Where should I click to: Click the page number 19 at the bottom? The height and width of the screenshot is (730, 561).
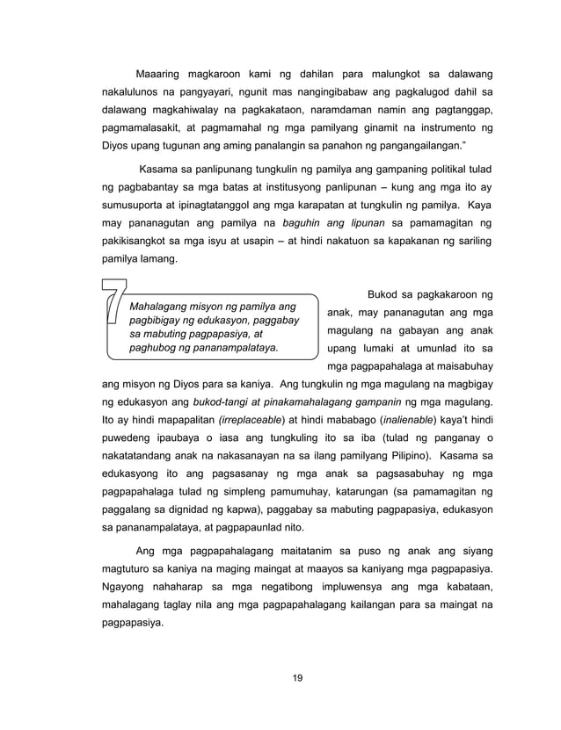click(x=280, y=676)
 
